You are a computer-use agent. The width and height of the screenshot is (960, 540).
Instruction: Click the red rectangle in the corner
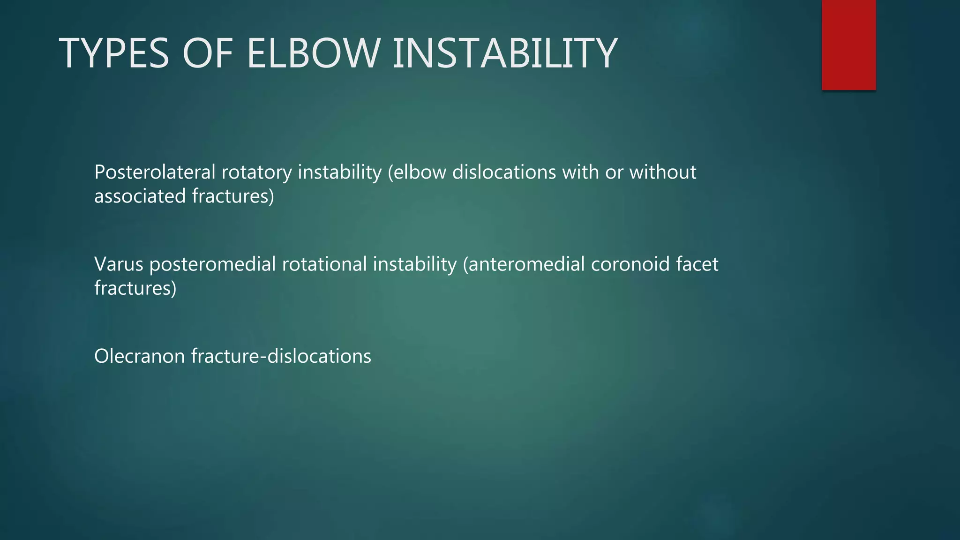tap(848, 45)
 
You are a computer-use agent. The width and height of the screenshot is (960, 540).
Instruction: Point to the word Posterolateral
tap(155, 172)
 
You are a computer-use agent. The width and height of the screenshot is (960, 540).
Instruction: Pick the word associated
tap(140, 196)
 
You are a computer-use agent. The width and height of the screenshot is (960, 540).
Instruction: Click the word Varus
tap(119, 264)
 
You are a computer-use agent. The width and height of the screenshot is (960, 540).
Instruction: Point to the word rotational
tap(324, 264)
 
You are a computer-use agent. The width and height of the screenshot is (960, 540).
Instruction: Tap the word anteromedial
tap(526, 264)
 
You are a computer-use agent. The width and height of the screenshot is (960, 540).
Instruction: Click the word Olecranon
tap(140, 356)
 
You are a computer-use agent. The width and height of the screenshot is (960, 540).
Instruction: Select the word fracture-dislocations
tap(281, 356)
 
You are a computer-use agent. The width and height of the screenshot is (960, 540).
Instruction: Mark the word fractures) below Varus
tap(135, 288)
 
